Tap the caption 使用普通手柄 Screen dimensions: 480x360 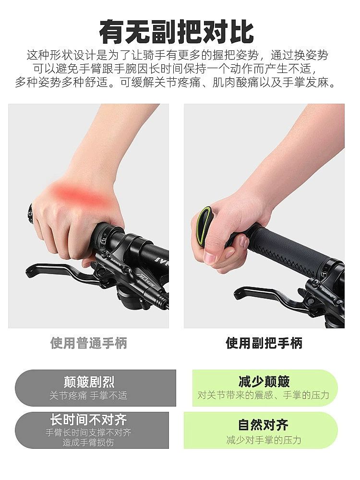[89, 343]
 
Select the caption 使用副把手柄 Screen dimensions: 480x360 [264, 343]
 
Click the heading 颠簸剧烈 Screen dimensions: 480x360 [89, 382]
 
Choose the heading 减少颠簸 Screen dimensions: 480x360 [264, 382]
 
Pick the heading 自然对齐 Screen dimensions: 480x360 [264, 425]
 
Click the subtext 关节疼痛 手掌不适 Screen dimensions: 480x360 [89, 396]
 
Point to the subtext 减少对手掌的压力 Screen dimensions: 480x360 [264, 440]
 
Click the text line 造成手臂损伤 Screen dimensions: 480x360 [89, 443]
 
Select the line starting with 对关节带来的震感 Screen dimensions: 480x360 [264, 396]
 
